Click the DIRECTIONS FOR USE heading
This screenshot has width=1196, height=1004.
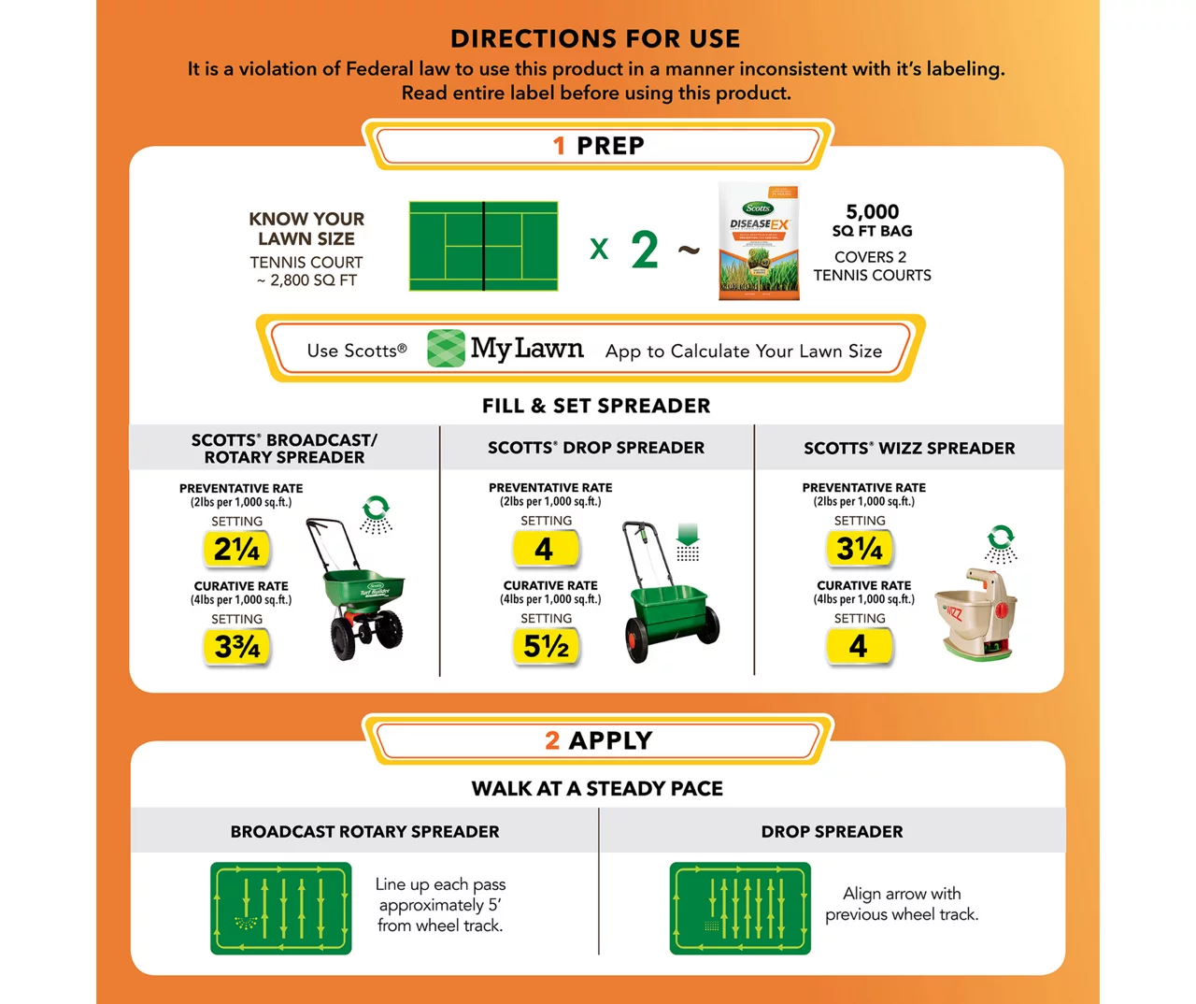tap(595, 38)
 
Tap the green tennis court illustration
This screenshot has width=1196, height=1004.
tap(483, 246)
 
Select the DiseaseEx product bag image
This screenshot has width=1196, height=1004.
tap(759, 242)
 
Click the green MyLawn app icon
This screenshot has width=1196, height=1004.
tap(446, 349)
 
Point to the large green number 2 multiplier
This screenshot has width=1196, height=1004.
tap(645, 250)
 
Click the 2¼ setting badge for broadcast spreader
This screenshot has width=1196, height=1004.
tap(236, 549)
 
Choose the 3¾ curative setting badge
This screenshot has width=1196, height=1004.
tap(236, 647)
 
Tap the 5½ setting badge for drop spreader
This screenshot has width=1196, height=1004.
tap(546, 646)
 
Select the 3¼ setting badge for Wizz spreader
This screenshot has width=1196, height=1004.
tap(859, 549)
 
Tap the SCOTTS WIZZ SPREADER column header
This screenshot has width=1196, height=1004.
tap(909, 448)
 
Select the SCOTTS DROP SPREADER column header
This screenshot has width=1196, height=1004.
tap(596, 448)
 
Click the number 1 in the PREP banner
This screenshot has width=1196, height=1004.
tap(559, 146)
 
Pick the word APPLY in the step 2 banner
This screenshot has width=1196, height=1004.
tap(611, 740)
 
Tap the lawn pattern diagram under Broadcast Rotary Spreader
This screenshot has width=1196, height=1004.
tap(281, 909)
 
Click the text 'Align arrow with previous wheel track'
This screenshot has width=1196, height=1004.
tap(902, 904)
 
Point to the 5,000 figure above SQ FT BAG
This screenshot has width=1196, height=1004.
tap(872, 212)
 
